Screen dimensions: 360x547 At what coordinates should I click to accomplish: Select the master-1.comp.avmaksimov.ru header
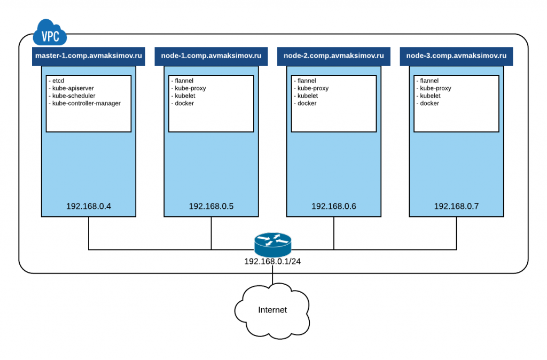88,56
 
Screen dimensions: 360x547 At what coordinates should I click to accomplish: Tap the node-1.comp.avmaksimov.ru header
211,56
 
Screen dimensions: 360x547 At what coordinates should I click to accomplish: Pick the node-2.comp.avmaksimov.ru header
334,56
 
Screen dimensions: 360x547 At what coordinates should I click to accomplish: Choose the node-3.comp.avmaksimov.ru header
456,56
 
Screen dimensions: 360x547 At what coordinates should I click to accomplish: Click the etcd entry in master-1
58,81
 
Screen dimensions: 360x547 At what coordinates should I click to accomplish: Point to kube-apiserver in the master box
71,88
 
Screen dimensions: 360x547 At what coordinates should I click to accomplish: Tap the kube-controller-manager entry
84,103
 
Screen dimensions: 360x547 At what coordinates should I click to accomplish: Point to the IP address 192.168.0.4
88,206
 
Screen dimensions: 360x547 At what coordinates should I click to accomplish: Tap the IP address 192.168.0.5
211,206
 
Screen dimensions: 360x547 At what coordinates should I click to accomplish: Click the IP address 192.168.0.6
334,206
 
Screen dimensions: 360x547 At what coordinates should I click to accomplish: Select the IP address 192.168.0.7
456,206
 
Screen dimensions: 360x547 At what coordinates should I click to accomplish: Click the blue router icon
272,244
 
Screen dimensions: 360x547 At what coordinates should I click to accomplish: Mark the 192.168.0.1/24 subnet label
272,262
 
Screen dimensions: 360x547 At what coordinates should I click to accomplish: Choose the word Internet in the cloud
272,310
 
